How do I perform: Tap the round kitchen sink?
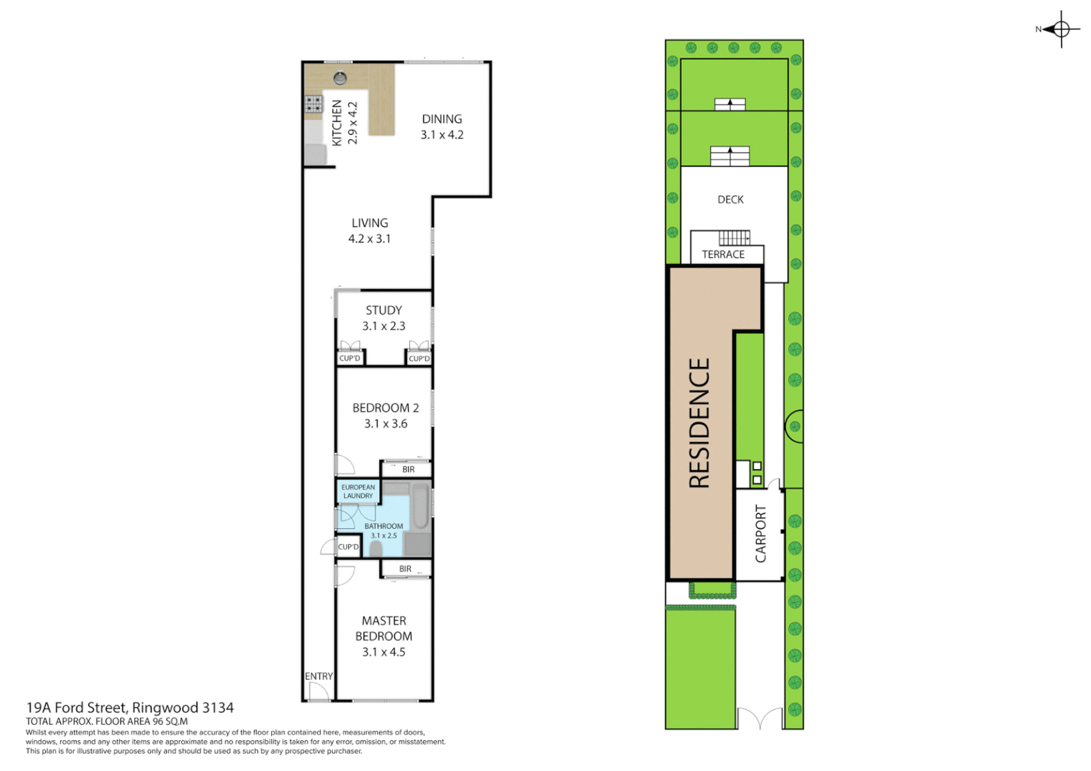click(341, 78)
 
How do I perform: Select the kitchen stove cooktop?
click(313, 104)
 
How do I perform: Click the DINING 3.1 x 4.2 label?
click(441, 127)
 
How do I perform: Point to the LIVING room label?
click(369, 231)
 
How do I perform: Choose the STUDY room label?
click(383, 318)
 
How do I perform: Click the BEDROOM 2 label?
click(386, 415)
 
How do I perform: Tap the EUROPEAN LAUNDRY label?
click(358, 491)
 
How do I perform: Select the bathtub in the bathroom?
click(421, 506)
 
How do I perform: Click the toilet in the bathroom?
click(376, 548)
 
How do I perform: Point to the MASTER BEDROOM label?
click(383, 636)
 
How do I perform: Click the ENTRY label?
click(318, 676)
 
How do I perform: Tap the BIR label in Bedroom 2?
click(408, 469)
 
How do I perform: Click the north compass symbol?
click(1060, 29)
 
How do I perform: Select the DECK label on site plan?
click(730, 200)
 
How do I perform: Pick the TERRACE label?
click(723, 254)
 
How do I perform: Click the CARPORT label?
click(760, 533)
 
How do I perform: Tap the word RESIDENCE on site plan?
click(700, 423)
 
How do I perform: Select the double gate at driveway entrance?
click(760, 718)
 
